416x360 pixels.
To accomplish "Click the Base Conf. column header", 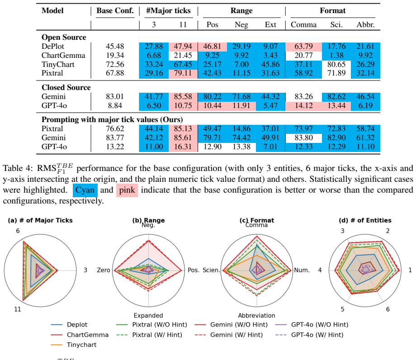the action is point(115,10).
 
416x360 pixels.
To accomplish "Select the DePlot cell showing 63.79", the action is point(304,47).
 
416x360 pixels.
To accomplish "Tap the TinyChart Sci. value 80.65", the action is point(336,65).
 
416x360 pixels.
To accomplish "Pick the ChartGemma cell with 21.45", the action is point(183,56).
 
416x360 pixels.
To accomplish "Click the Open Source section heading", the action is point(64,37).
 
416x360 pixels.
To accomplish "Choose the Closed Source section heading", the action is point(66,87).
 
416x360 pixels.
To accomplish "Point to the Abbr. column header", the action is point(366,25).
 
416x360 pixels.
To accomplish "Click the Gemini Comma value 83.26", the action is point(304,97).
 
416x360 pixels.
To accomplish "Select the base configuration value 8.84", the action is point(115,105).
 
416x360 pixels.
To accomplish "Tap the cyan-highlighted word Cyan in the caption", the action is point(85,190).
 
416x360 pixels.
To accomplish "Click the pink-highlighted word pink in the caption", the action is point(127,190).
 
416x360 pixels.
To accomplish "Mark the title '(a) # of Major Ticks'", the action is point(40,220).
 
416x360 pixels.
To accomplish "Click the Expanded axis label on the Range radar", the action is point(148,315).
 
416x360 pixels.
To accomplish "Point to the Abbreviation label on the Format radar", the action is point(256,315).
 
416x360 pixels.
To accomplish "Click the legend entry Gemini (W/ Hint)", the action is point(229,335).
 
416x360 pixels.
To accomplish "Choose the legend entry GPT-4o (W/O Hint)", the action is point(312,324).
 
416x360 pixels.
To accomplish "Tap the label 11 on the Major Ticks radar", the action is point(18,309).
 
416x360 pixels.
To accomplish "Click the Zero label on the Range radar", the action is point(104,270).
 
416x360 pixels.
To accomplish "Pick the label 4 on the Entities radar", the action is point(320,270).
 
